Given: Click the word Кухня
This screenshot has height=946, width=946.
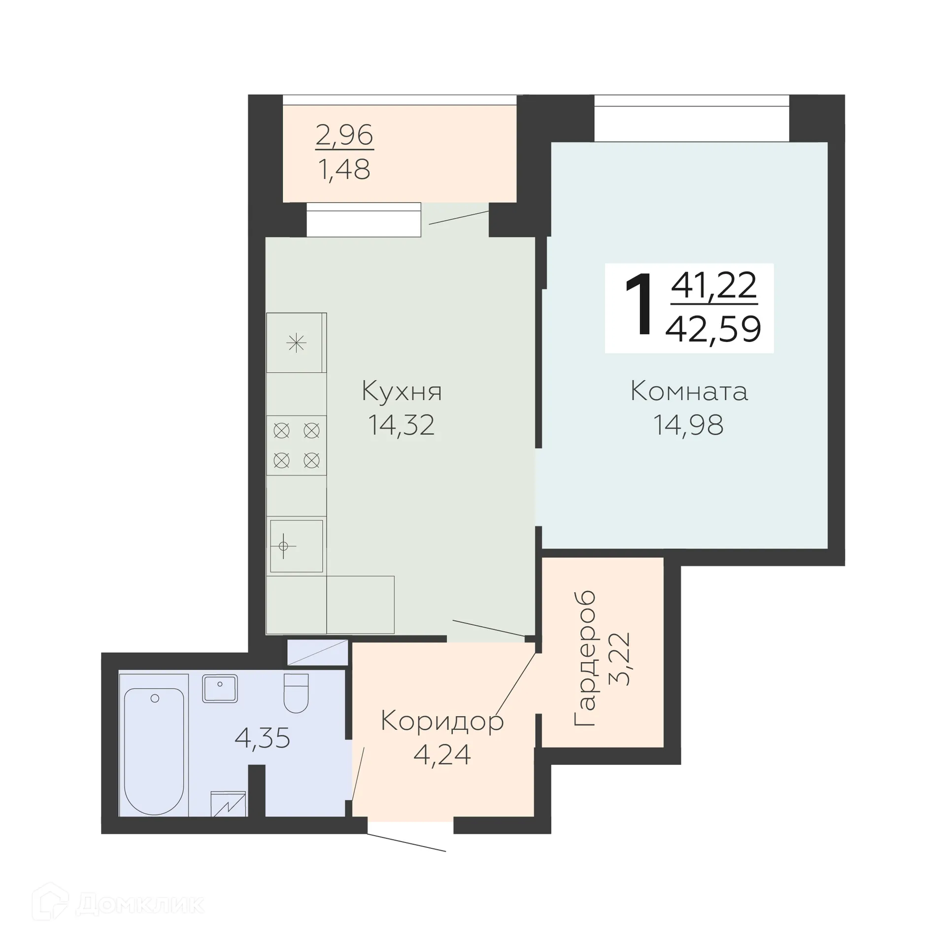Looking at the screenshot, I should (x=402, y=392).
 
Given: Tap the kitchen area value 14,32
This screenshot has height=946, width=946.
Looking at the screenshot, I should (x=402, y=425).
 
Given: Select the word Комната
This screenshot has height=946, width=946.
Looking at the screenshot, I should (x=689, y=392).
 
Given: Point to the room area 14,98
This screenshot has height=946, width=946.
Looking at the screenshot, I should (x=688, y=425).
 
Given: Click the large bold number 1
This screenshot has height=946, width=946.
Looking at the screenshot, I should (x=639, y=306).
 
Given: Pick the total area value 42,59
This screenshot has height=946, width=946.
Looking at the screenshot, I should (x=713, y=329).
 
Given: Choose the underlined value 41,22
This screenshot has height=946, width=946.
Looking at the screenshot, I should (x=714, y=286).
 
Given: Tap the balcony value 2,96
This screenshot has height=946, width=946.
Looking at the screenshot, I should (x=344, y=135).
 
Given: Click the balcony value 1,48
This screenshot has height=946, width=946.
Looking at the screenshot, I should (x=344, y=169).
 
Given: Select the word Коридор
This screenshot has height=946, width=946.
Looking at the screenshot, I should (x=442, y=722).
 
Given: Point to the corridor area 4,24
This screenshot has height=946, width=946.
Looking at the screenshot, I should (x=442, y=754).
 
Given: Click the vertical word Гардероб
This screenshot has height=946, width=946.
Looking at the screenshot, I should (x=585, y=658).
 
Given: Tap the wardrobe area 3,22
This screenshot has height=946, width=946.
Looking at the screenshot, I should (x=620, y=659).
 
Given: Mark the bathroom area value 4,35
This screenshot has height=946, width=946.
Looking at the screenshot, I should (x=262, y=738).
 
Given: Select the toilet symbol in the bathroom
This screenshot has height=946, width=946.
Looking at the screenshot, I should (x=296, y=693).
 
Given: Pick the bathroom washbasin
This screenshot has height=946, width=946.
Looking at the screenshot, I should (x=220, y=688).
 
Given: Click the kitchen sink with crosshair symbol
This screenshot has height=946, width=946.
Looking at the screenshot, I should (x=296, y=546).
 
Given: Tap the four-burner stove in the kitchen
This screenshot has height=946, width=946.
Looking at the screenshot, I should (x=296, y=445).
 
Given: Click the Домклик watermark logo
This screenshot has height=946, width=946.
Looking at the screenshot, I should (x=118, y=904).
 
